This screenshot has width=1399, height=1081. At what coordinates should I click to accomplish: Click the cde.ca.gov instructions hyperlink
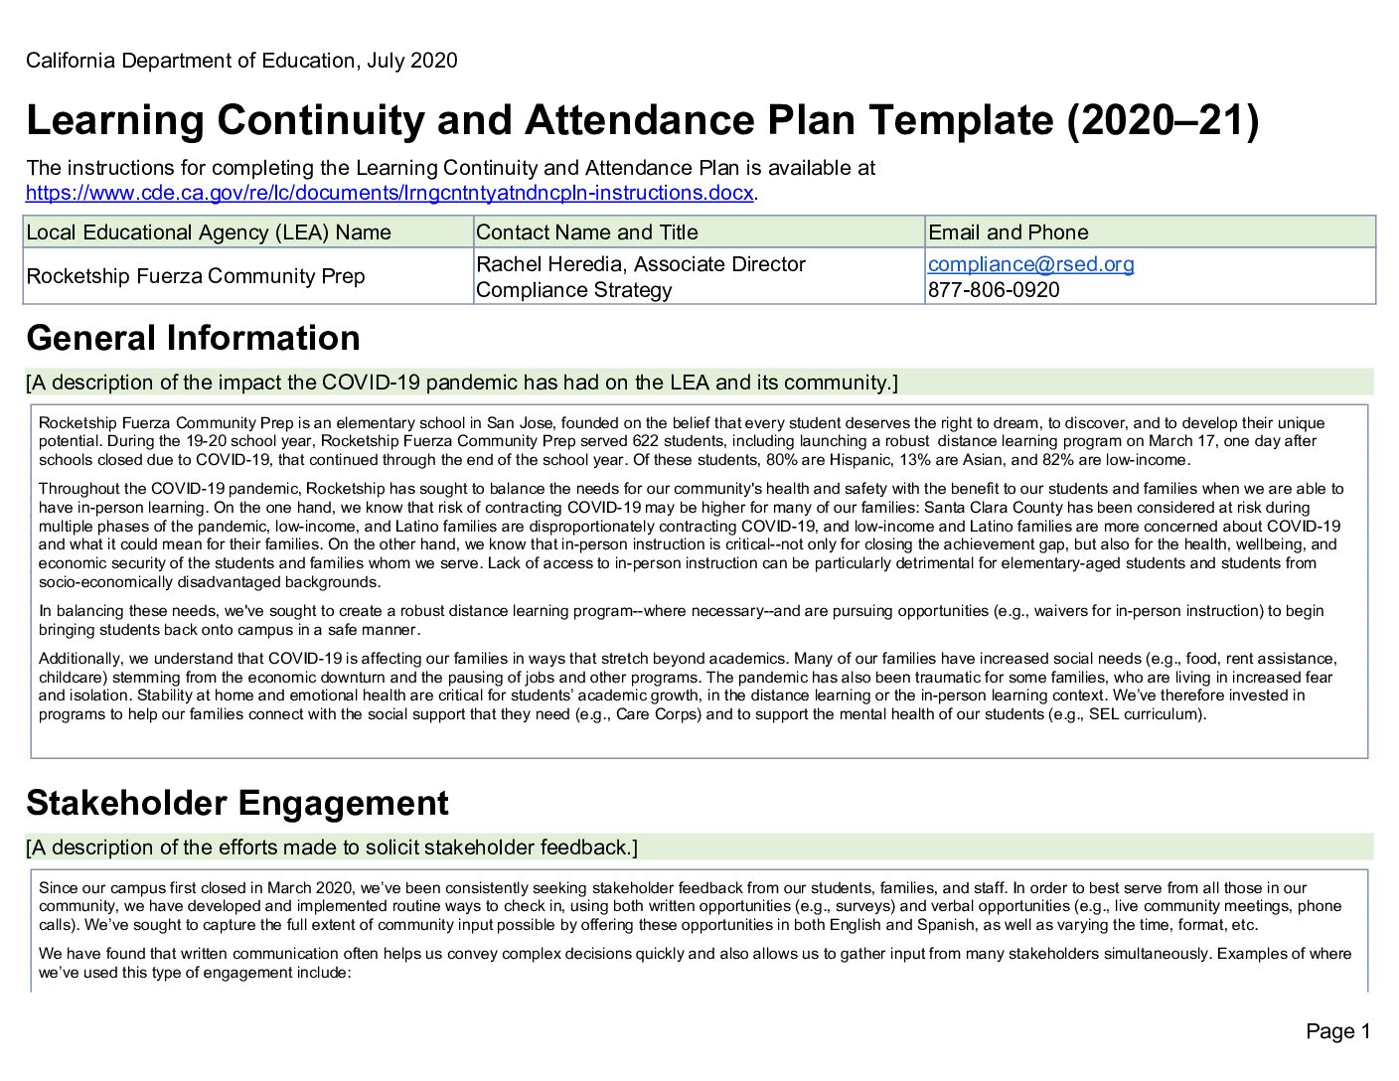point(389,193)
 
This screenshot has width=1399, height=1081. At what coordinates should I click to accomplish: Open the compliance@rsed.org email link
point(1030,264)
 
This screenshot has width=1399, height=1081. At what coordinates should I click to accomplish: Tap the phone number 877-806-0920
point(993,290)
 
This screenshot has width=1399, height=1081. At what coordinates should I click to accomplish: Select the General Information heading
point(193,338)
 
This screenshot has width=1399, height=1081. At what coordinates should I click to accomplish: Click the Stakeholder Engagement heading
point(237,803)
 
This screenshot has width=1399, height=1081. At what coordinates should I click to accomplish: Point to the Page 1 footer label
point(1337,1031)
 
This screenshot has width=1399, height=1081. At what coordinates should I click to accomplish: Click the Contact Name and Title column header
point(587,232)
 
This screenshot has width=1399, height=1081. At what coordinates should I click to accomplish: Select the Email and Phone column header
point(1008,232)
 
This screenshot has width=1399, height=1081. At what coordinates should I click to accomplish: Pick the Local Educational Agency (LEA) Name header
point(209,232)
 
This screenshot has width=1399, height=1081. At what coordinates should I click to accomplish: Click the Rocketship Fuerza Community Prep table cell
point(196,276)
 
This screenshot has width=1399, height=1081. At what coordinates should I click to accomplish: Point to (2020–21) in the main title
point(1163,121)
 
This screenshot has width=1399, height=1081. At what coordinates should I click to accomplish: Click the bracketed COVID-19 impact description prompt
point(462,383)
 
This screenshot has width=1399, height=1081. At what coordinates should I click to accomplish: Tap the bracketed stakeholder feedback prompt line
point(332,848)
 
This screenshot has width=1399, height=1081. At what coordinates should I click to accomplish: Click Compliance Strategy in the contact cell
point(574,290)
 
